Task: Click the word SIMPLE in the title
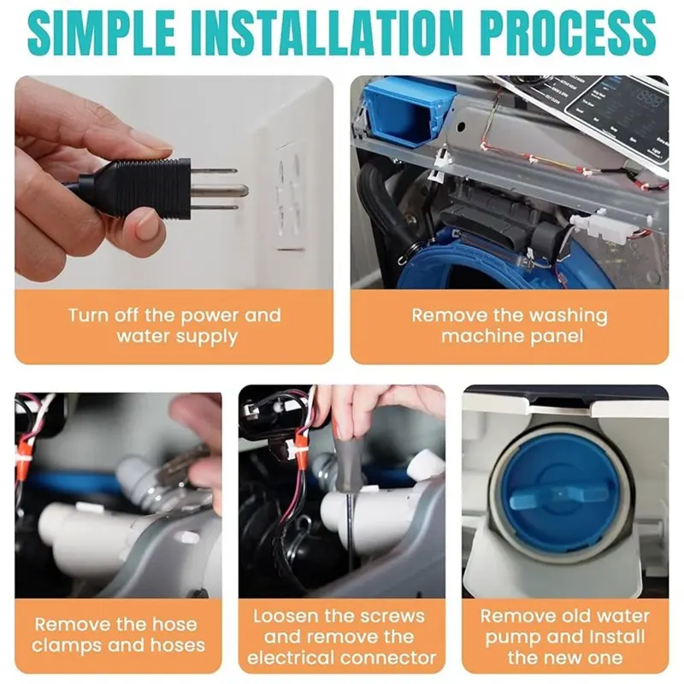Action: [x=101, y=32]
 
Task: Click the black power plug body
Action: [x=139, y=188]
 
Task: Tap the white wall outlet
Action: [x=291, y=198]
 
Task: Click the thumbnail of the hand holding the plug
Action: [x=174, y=182]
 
